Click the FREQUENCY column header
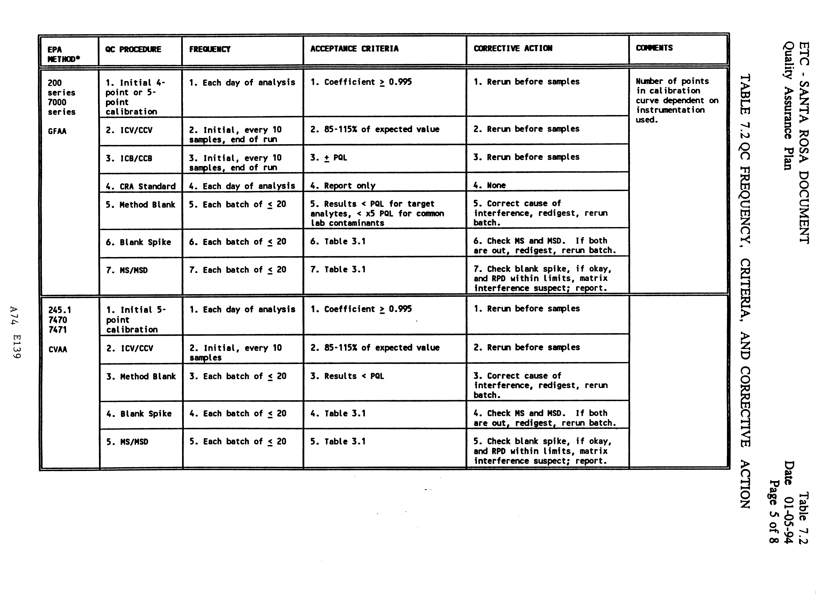click(x=210, y=49)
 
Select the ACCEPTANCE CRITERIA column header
click(x=354, y=49)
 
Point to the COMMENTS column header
click(x=654, y=48)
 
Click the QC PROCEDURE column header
click(x=133, y=49)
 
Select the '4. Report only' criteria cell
click(x=343, y=186)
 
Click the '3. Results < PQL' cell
click(x=347, y=376)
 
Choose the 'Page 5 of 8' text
click(x=774, y=511)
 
